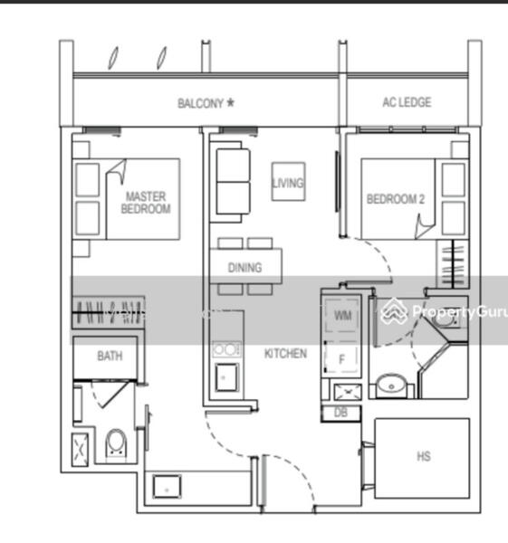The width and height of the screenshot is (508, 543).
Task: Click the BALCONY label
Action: (x=200, y=103)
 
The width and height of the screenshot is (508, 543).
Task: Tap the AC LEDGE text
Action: (x=407, y=102)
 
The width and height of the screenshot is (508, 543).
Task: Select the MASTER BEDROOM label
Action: (x=146, y=203)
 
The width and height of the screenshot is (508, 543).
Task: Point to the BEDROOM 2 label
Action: (x=396, y=199)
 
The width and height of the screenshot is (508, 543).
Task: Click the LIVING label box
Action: (x=288, y=182)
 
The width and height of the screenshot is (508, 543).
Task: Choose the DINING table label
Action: (x=245, y=267)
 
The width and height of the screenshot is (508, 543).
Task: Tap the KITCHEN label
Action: (x=285, y=353)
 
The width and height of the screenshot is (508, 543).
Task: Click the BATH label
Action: (x=110, y=356)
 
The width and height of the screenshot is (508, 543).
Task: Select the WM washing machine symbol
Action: (x=341, y=315)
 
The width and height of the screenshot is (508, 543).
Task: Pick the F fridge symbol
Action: (x=341, y=358)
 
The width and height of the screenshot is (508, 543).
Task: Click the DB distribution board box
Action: (x=341, y=414)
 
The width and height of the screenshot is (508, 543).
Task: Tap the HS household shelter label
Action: (x=424, y=456)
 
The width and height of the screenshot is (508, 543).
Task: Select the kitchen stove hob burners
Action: (x=226, y=349)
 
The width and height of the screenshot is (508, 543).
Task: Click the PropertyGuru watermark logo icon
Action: (x=394, y=311)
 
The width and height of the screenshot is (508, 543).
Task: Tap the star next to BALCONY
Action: (x=230, y=102)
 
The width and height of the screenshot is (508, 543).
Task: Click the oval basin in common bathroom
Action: (x=391, y=385)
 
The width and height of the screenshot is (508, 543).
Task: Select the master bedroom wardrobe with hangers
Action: (x=108, y=312)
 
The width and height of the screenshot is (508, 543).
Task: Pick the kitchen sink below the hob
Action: (x=226, y=377)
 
